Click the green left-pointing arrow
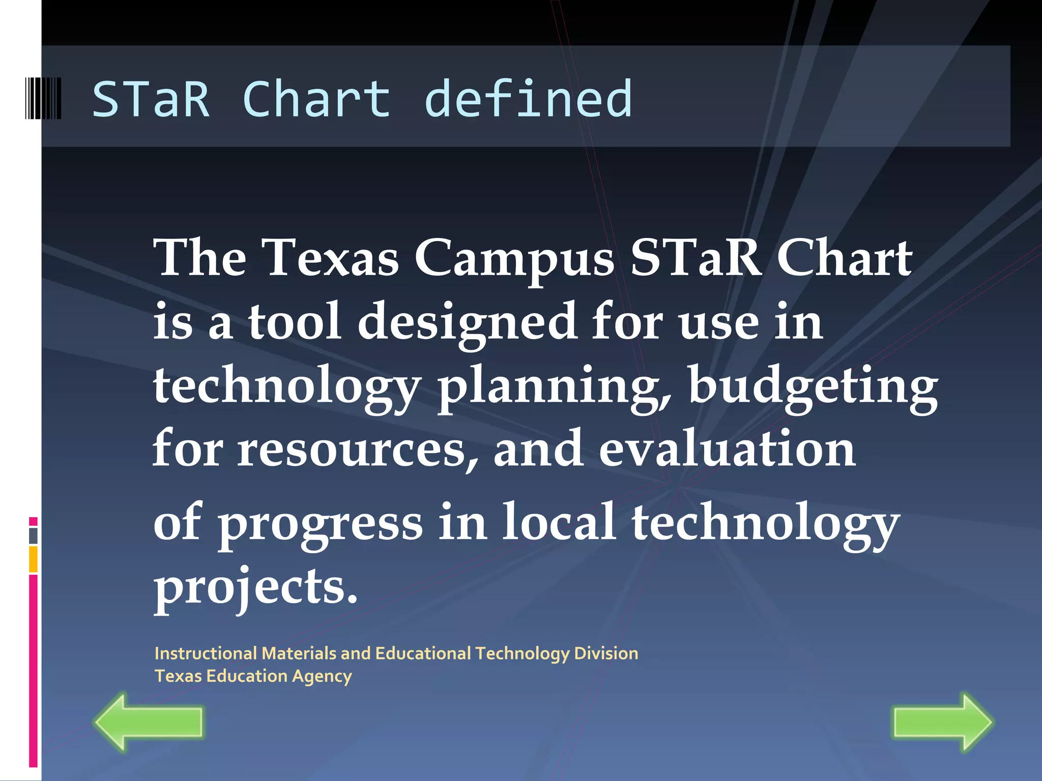coord(148,722)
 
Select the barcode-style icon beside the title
coord(43,99)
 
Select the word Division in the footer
coord(606,653)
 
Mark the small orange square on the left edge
coord(33,559)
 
